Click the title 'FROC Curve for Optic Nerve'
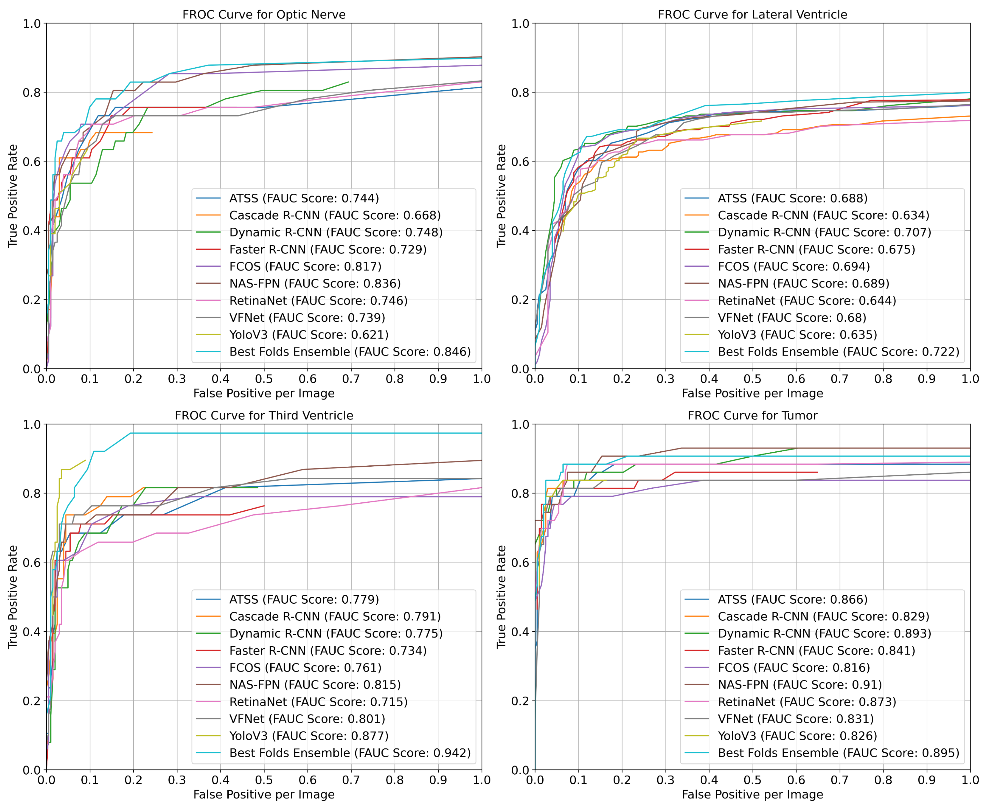264,15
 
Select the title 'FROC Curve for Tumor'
752,415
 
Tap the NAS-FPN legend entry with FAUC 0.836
315,283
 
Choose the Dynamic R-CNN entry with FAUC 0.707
824,232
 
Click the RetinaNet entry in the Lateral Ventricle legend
806,301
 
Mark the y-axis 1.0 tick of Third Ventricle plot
32,424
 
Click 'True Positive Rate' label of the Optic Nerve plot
13,196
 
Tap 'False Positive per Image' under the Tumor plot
752,794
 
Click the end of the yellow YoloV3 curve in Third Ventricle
85,460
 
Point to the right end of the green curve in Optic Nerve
348,82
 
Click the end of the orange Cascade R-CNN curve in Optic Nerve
152,133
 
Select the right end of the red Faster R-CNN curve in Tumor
817,472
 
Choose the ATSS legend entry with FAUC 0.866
792,599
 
